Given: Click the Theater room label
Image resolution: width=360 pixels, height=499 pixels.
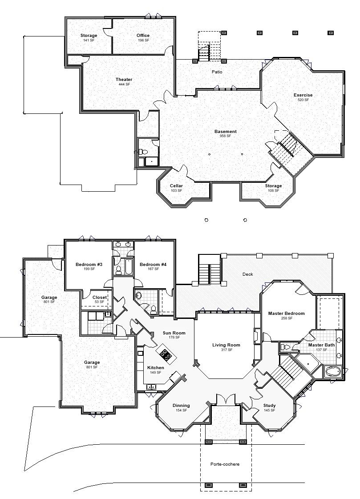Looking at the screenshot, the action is point(124,80).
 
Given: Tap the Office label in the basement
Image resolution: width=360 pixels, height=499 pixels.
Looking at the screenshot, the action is point(143,36).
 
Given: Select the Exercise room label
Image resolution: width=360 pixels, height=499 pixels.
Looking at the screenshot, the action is point(303,95).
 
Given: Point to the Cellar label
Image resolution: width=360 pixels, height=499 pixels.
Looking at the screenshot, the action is point(176,186).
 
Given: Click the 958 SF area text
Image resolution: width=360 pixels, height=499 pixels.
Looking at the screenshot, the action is point(225,136).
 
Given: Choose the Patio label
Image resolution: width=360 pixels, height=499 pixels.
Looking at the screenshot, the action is point(217,72).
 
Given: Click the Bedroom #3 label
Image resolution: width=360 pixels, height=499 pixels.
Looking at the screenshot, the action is point(89,265).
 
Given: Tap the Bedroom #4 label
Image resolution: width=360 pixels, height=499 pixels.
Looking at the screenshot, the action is point(153,265).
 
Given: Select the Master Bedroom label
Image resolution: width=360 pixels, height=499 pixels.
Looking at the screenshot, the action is point(287,314).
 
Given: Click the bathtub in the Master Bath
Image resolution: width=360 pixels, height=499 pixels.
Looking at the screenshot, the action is point(333,371).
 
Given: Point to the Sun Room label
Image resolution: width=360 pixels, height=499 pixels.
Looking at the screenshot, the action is point(174,333).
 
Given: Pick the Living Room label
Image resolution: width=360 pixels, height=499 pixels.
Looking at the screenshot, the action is point(227,345).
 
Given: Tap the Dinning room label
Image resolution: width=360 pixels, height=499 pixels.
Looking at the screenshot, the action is point(181,406).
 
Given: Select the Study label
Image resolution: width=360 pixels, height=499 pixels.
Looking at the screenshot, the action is point(269,406).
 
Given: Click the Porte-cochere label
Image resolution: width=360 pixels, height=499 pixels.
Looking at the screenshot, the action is point(225,464).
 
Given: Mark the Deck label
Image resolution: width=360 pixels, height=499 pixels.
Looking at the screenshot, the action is point(248,274).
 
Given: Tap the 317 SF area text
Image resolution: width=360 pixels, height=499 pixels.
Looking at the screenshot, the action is point(227,350).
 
